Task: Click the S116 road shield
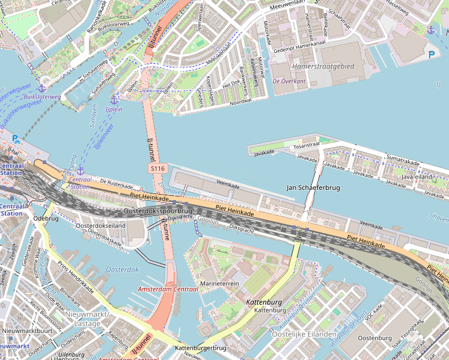(157, 169)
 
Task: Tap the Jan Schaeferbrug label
(313, 188)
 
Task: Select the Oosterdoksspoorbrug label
(157, 212)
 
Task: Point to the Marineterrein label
(219, 283)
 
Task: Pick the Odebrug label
(46, 218)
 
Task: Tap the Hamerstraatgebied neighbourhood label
(323, 66)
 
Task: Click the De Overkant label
(289, 81)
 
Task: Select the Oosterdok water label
(122, 270)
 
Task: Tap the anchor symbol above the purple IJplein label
(114, 99)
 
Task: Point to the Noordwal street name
(240, 102)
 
